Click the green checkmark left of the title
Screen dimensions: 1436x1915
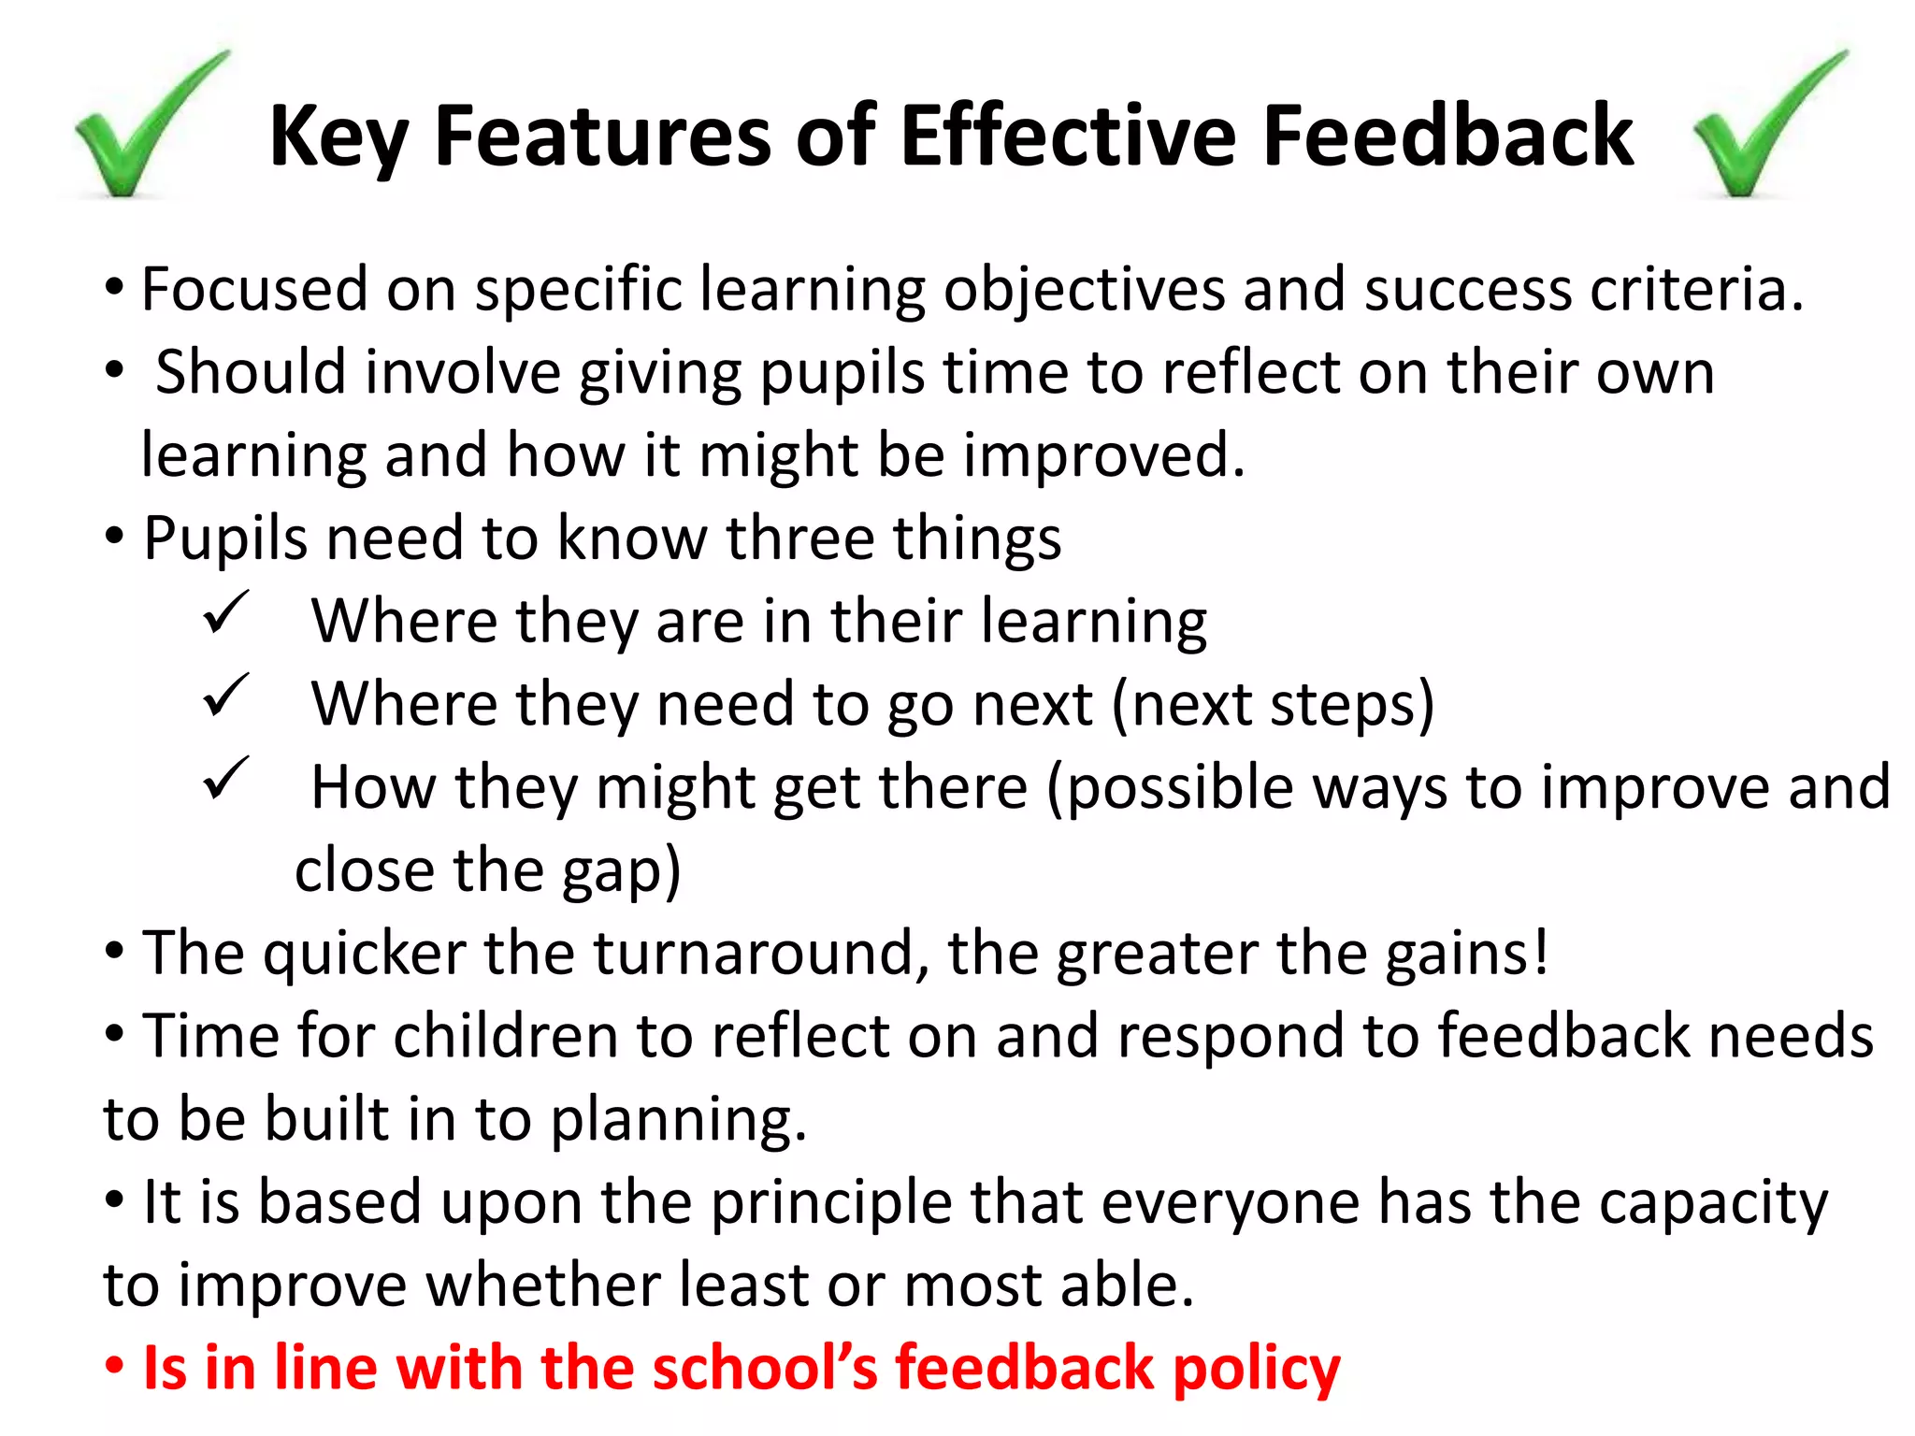tap(140, 126)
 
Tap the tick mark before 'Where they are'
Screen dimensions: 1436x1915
tap(225, 612)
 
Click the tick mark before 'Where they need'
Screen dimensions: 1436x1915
tap(225, 696)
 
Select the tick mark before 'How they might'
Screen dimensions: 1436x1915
tap(225, 778)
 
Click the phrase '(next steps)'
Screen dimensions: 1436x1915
tap(1272, 705)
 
